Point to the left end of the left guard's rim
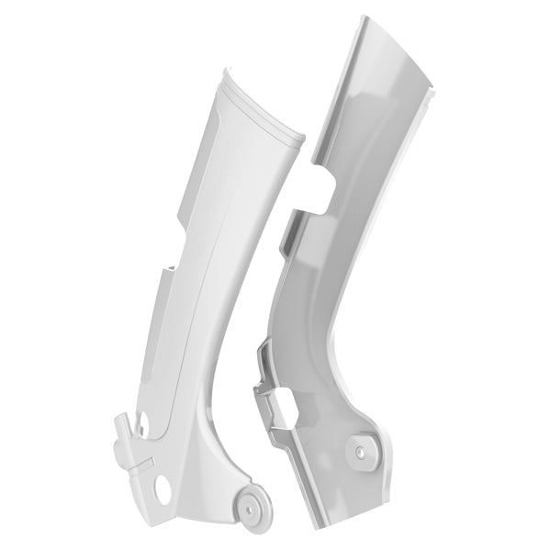click(x=223, y=73)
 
